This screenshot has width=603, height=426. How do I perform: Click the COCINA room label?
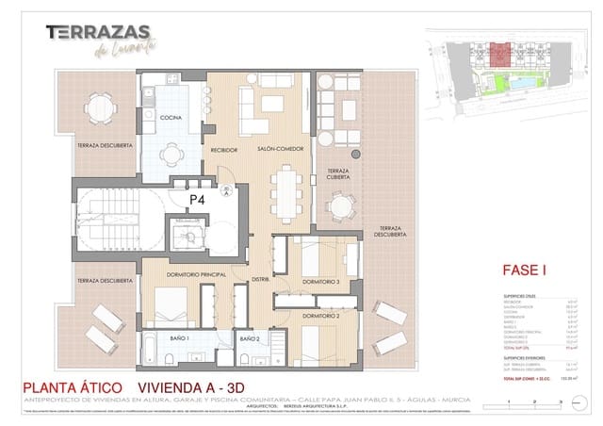pos(171,117)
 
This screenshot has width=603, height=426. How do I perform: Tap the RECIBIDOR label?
pos(224,150)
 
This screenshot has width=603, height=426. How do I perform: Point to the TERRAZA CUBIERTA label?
pos(338,176)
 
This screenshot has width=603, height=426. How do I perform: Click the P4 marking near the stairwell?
pos(197,200)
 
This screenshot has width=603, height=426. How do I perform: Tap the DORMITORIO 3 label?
pos(320,282)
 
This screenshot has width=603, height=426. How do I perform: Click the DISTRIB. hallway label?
pos(261,279)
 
